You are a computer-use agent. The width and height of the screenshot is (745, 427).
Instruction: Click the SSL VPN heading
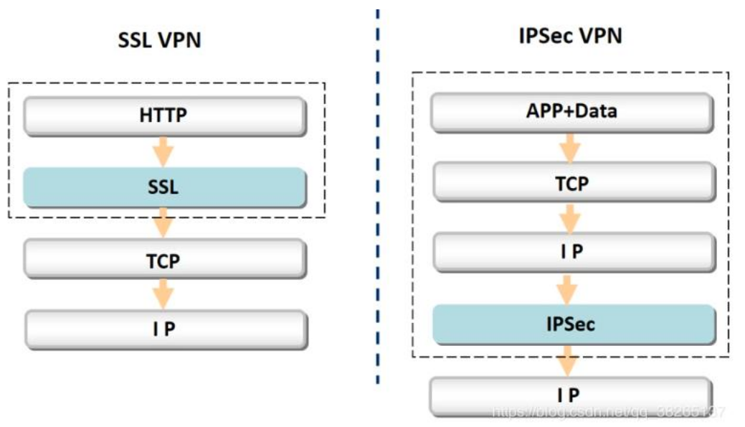click(x=159, y=40)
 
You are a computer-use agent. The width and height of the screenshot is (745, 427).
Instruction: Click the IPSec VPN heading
click(x=570, y=36)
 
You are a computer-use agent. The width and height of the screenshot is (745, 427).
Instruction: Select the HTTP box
click(x=164, y=115)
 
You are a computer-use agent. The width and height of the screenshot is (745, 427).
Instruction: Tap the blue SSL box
click(x=164, y=188)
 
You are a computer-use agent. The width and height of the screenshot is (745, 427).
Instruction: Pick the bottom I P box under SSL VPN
click(x=164, y=329)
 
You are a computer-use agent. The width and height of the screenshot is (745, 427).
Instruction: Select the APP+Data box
click(x=571, y=111)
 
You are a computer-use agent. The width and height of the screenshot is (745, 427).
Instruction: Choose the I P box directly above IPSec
click(x=571, y=253)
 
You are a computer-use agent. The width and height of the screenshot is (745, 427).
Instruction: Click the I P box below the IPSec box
click(x=571, y=394)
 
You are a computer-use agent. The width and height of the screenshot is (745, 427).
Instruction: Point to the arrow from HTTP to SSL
click(x=164, y=151)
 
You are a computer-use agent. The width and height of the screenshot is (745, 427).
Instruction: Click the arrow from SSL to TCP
click(x=164, y=222)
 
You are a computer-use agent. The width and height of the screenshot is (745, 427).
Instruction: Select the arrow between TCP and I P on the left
click(x=164, y=294)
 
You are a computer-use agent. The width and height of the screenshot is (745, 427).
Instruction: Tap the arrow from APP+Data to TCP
click(x=570, y=147)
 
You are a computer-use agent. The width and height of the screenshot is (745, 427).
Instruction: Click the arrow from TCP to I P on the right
click(x=570, y=217)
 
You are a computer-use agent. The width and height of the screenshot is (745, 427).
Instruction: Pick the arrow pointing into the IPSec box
click(x=570, y=288)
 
